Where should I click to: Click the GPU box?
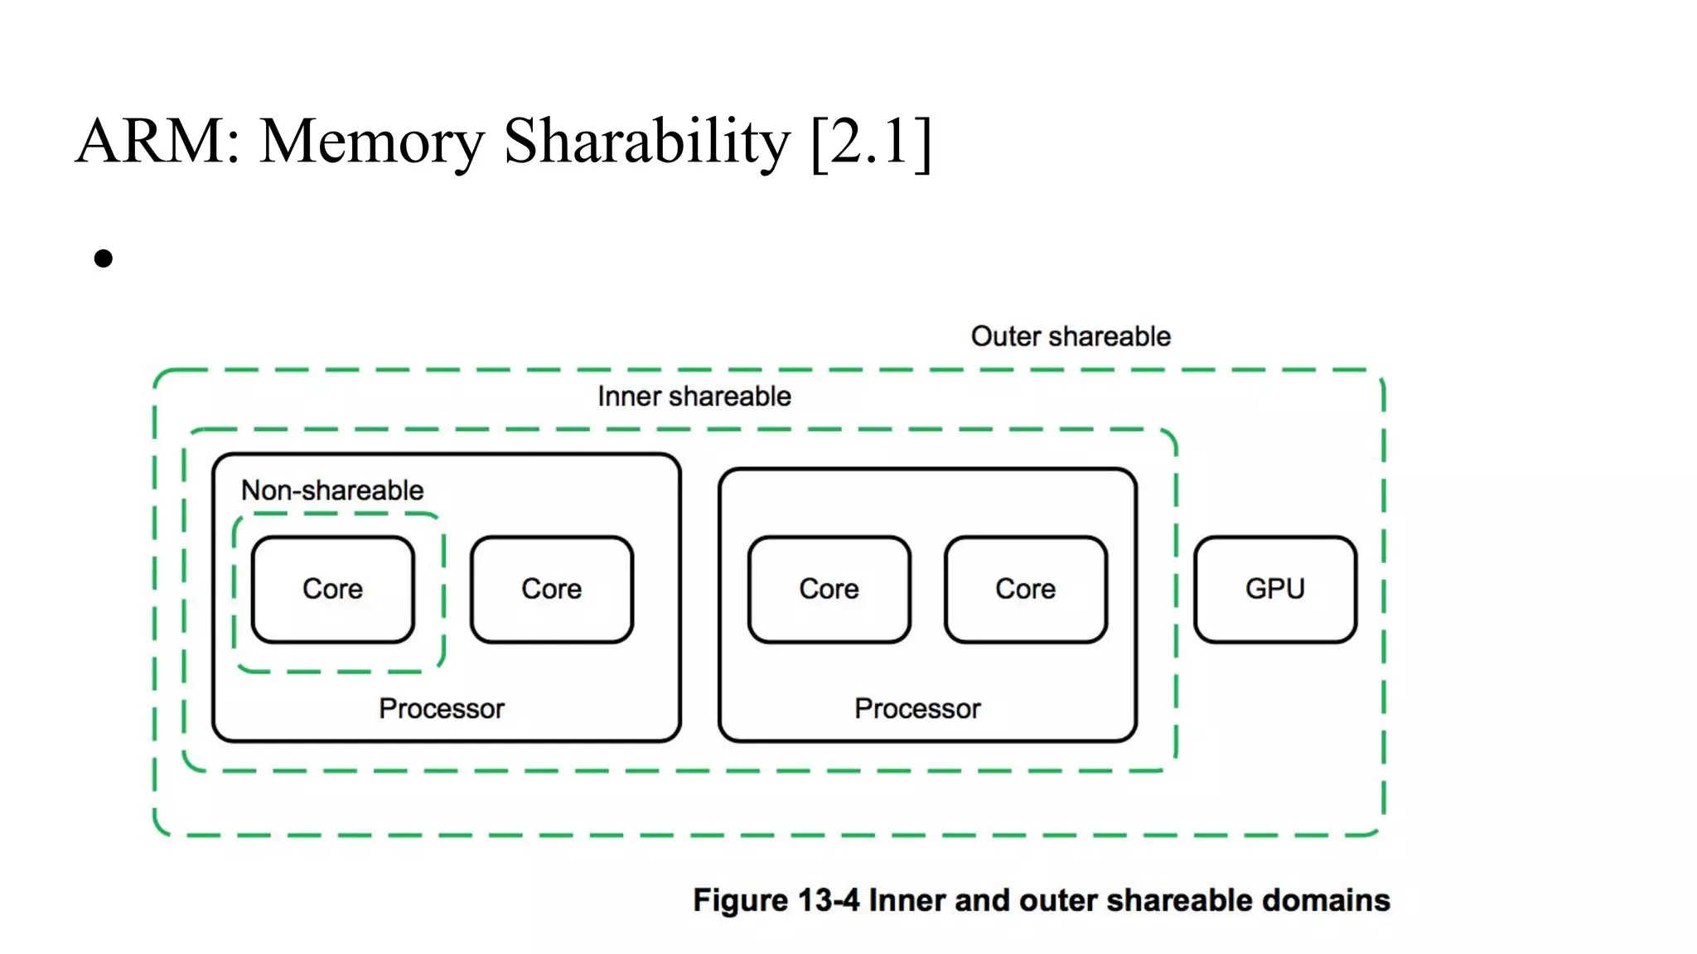click(x=1274, y=589)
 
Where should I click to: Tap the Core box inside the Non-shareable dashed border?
click(x=332, y=589)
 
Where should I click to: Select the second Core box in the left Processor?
click(x=551, y=589)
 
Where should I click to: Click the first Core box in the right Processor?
click(x=829, y=589)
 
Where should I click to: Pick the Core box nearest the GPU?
click(x=1025, y=589)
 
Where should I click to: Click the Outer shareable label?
click(x=1071, y=336)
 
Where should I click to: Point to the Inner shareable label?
click(x=694, y=397)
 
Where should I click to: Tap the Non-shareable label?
click(x=332, y=490)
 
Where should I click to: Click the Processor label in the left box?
click(x=441, y=709)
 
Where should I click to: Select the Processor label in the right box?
click(x=917, y=709)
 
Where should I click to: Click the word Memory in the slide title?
click(x=371, y=141)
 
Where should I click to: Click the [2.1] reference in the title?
click(x=872, y=141)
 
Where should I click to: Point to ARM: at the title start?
click(x=157, y=141)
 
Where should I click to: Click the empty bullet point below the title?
click(x=104, y=259)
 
